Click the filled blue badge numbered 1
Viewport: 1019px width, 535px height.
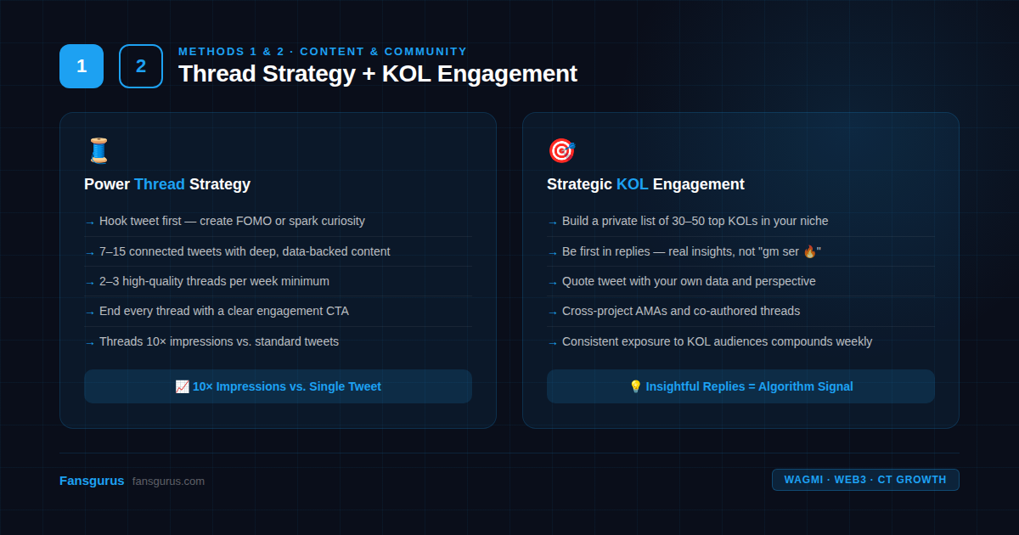point(82,66)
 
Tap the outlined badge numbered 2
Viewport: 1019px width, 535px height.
point(141,66)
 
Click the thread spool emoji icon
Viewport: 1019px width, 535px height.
point(99,150)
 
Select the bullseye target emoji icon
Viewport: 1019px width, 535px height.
point(562,150)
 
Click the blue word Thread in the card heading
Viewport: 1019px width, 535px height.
point(160,184)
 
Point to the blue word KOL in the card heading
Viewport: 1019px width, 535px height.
point(632,184)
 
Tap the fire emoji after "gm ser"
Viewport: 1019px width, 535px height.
point(810,251)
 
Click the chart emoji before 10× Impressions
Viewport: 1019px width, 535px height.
point(182,386)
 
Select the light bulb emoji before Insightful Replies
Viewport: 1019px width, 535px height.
point(635,386)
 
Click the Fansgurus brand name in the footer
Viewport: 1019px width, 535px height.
point(92,481)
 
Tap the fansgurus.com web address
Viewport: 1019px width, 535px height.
point(168,481)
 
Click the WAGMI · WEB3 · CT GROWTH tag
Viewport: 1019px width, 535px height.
point(865,480)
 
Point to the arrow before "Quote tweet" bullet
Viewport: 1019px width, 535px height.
point(553,283)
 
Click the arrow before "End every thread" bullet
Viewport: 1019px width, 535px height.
point(90,313)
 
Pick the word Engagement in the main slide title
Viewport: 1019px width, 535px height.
point(507,74)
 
